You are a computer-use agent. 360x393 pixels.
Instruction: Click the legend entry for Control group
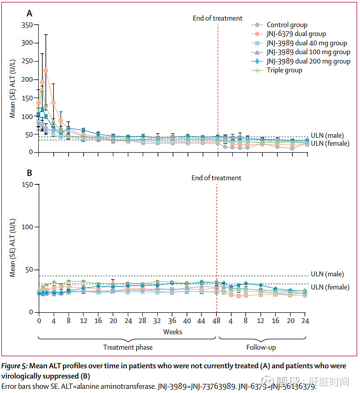tap(287, 25)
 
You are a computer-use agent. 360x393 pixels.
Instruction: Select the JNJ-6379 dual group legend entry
tap(296, 34)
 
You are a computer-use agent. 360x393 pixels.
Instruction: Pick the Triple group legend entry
tap(284, 70)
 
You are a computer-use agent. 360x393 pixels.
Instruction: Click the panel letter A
tap(29, 14)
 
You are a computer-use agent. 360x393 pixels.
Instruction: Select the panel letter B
tap(29, 173)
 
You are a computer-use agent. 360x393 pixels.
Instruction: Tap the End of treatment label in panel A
tap(218, 18)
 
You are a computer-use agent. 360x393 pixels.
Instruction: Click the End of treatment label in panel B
tap(216, 178)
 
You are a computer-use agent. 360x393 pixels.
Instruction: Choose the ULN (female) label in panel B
tap(330, 287)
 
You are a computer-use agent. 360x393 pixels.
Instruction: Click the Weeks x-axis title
tap(172, 332)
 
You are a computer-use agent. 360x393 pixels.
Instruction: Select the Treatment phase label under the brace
tap(128, 347)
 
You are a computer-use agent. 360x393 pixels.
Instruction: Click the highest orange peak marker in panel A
tap(46, 70)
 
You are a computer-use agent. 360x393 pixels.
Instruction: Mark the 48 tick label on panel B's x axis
tap(216, 322)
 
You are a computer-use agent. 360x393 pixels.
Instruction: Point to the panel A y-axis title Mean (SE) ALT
tap(13, 88)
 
